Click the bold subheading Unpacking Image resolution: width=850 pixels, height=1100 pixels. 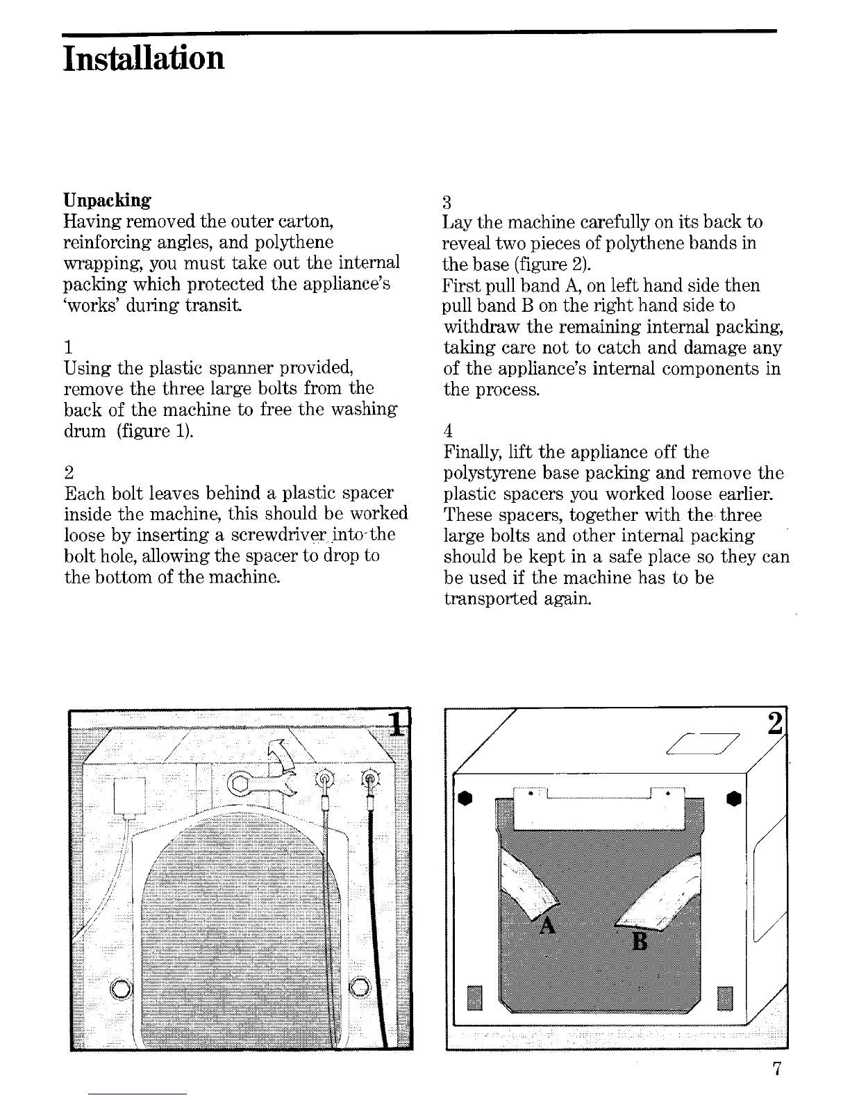tap(107, 201)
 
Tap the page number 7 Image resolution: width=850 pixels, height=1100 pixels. tap(777, 1069)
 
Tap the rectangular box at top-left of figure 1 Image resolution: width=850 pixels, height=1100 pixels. tap(129, 795)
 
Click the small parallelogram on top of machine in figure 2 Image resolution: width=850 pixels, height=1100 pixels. tap(701, 744)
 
